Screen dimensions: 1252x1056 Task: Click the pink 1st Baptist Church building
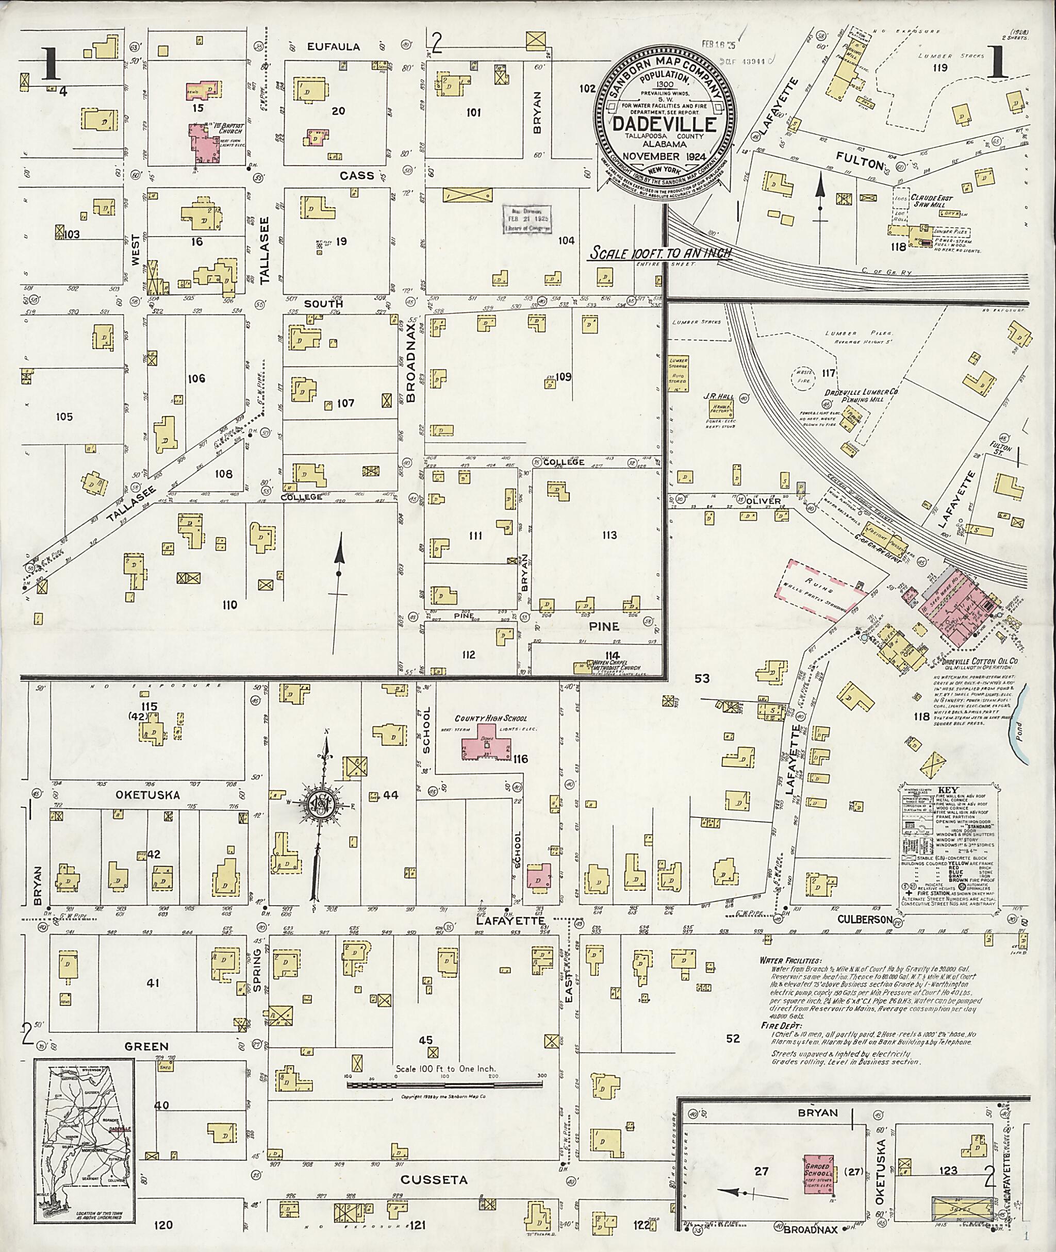(204, 144)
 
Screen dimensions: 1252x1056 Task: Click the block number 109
(563, 377)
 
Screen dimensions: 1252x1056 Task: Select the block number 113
(609, 535)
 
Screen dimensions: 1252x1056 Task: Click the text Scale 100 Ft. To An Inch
(661, 254)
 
